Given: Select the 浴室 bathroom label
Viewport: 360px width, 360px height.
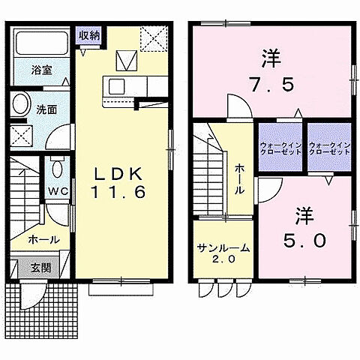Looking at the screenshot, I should tap(42, 70).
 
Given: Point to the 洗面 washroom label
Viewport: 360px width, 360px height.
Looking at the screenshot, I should tap(46, 109).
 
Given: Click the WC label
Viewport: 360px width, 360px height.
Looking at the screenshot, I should tap(58, 191).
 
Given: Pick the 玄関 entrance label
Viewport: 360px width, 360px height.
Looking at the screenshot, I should tap(40, 267).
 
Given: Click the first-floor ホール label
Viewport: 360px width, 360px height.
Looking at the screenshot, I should tap(40, 240).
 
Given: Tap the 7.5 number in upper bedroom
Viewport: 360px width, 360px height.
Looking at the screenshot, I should tap(276, 82).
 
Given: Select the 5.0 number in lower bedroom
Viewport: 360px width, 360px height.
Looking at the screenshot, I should tap(303, 240).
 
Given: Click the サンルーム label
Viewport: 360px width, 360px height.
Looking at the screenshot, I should tap(224, 247).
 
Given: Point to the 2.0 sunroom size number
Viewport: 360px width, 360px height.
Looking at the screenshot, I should tap(224, 259).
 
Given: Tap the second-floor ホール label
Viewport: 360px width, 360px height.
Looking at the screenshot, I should tap(238, 179).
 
